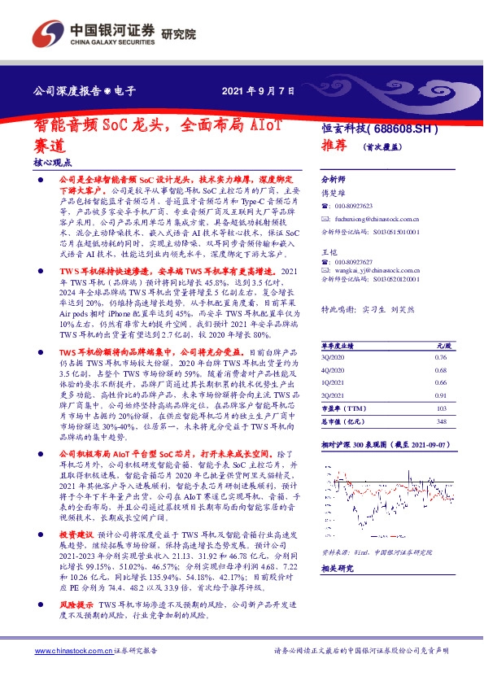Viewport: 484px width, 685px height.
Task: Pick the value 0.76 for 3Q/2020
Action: tap(440, 380)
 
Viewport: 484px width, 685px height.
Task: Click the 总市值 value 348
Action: tap(443, 444)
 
